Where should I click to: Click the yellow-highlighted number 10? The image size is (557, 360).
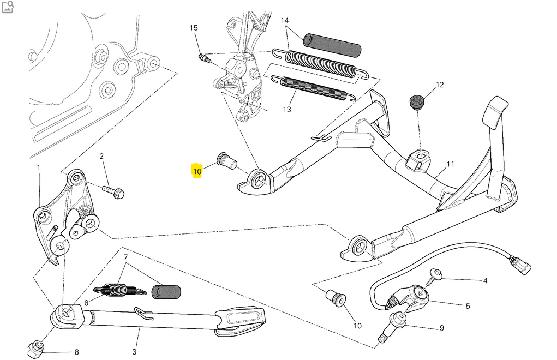[x=197, y=171]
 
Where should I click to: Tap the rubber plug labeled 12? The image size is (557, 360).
[x=417, y=102]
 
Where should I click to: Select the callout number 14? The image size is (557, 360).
[x=285, y=21]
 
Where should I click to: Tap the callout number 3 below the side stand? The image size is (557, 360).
[x=134, y=352]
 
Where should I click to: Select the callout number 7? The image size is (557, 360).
[x=125, y=257]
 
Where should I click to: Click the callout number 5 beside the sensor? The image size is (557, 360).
[x=468, y=306]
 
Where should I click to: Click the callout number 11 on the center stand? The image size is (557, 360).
[x=450, y=164]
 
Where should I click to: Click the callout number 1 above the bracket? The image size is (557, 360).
[x=38, y=167]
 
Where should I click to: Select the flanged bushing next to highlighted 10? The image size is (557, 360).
[x=226, y=160]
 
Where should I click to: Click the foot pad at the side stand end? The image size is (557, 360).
[x=240, y=321]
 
